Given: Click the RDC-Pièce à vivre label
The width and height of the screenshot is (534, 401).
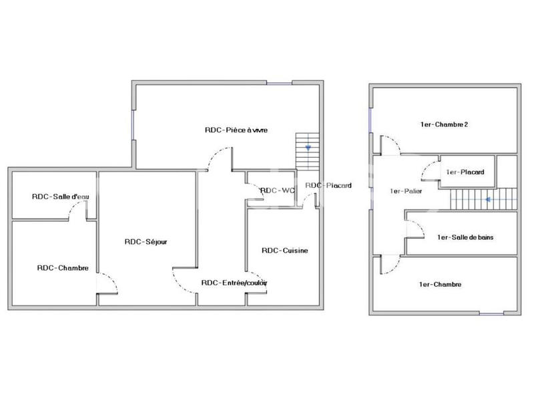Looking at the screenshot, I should (x=236, y=130).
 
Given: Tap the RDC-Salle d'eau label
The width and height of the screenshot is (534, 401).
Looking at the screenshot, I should (x=60, y=196).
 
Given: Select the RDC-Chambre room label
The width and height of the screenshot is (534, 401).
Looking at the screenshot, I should (x=63, y=268).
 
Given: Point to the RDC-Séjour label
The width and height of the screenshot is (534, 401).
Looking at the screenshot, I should (x=146, y=241).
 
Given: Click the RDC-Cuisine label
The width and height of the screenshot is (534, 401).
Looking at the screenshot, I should (x=284, y=251).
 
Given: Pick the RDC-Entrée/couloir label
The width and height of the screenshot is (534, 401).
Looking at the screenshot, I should (x=234, y=283).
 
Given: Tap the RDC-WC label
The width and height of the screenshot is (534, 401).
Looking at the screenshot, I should (x=277, y=190).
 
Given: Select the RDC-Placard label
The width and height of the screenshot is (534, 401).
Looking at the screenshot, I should (x=328, y=185).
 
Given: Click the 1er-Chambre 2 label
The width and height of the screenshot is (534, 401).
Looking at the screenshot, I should (x=444, y=124).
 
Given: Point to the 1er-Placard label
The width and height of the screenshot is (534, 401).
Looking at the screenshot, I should (x=465, y=172).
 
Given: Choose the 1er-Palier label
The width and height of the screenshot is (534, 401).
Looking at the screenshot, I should (x=405, y=191).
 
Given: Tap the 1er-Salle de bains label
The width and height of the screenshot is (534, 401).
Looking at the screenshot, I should (x=465, y=237).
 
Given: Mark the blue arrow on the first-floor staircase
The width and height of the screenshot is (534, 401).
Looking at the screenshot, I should (x=488, y=198).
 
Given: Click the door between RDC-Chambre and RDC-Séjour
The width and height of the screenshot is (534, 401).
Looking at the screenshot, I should (x=107, y=283).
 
